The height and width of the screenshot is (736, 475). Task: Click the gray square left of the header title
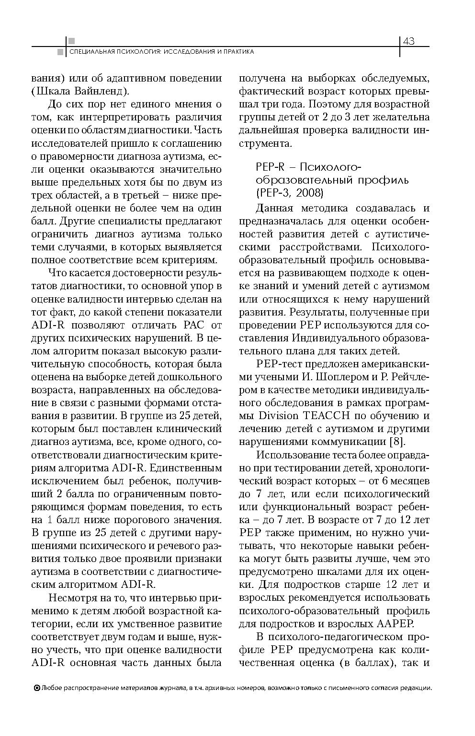coord(60,52)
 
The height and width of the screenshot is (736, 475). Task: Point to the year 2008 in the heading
coord(309,193)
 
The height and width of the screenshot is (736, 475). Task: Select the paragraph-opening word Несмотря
coord(71,598)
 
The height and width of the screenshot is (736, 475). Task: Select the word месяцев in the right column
coord(408,480)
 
